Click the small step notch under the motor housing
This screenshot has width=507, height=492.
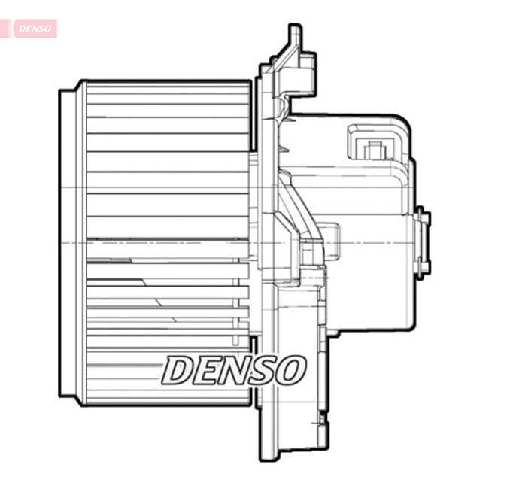tap(330, 330)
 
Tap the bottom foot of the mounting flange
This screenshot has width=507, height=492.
tap(293, 451)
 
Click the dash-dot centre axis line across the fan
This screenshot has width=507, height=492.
tap(150, 242)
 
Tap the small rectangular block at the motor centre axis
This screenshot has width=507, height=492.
tap(332, 239)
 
